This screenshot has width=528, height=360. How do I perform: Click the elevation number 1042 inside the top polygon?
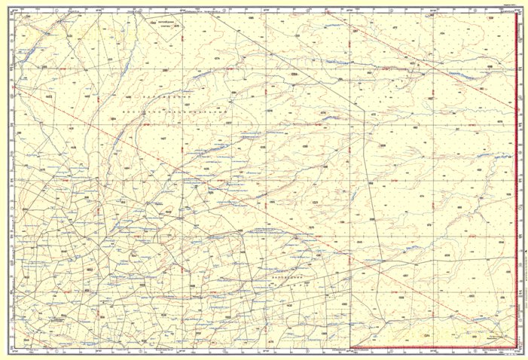(154, 24)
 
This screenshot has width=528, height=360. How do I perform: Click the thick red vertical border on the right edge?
(516, 181)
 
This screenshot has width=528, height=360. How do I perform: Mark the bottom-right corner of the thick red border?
(516, 348)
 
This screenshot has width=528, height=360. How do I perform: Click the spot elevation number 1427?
(163, 139)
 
